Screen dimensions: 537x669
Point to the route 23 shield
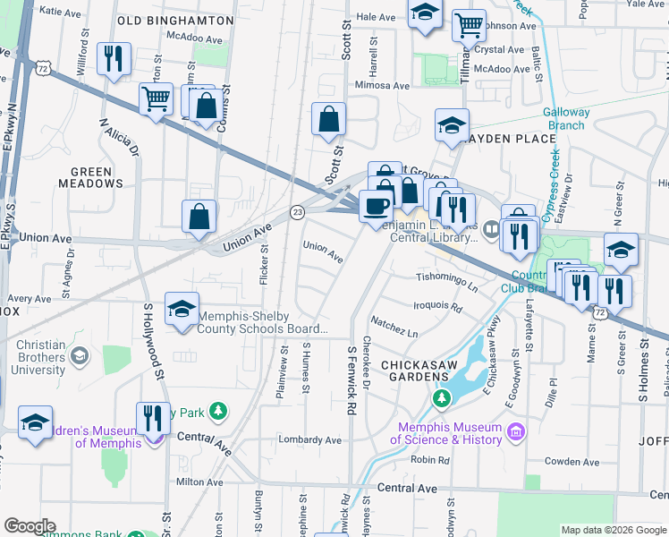pos(297,211)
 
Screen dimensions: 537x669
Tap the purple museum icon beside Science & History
pos(513,433)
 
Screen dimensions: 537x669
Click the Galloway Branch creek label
pos(567,119)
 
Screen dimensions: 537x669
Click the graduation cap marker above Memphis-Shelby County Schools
pos(182,309)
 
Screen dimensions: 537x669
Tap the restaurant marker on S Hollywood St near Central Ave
pos(153,417)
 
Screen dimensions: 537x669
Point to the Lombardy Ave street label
pos(309,440)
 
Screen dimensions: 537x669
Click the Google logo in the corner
pos(30,526)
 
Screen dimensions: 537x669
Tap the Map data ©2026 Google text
pos(614,531)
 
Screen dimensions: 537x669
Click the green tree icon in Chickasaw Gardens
pos(440,396)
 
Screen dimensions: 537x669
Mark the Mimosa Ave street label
pos(382,86)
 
